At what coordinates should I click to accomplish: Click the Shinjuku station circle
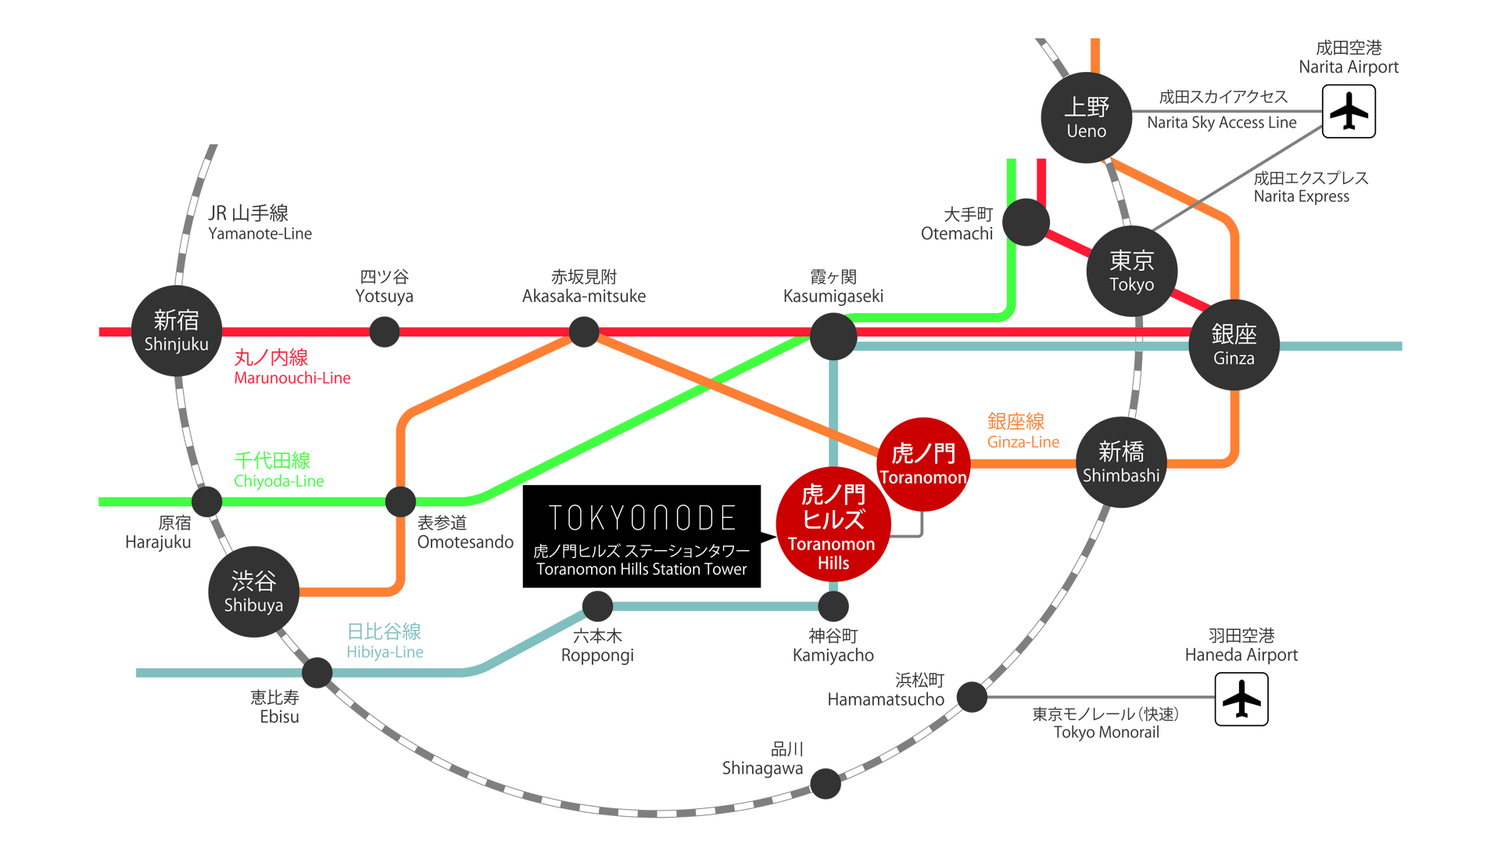[177, 331]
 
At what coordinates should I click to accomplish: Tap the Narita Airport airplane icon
[1349, 111]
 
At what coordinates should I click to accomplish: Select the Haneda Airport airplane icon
[1241, 699]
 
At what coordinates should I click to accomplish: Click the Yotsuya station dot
[384, 332]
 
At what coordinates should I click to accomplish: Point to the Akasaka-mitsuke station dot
[584, 332]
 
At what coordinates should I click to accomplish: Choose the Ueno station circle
[1087, 117]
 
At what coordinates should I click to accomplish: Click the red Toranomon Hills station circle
[833, 525]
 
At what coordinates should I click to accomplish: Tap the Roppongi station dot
[598, 606]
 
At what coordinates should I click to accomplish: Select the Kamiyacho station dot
[833, 606]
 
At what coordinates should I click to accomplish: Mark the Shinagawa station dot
[826, 783]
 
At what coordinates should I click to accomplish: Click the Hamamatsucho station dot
[972, 696]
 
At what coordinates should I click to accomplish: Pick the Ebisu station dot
[317, 672]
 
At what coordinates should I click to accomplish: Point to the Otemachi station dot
[1026, 222]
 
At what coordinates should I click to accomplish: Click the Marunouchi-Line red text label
[292, 368]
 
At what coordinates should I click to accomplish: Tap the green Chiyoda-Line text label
[278, 470]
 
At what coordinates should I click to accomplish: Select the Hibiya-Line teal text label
[385, 641]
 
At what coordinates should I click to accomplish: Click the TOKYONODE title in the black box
[642, 518]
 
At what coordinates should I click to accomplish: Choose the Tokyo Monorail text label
[1105, 723]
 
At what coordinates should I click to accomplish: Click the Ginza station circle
[1234, 345]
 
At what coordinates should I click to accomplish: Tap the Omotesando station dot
[400, 502]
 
